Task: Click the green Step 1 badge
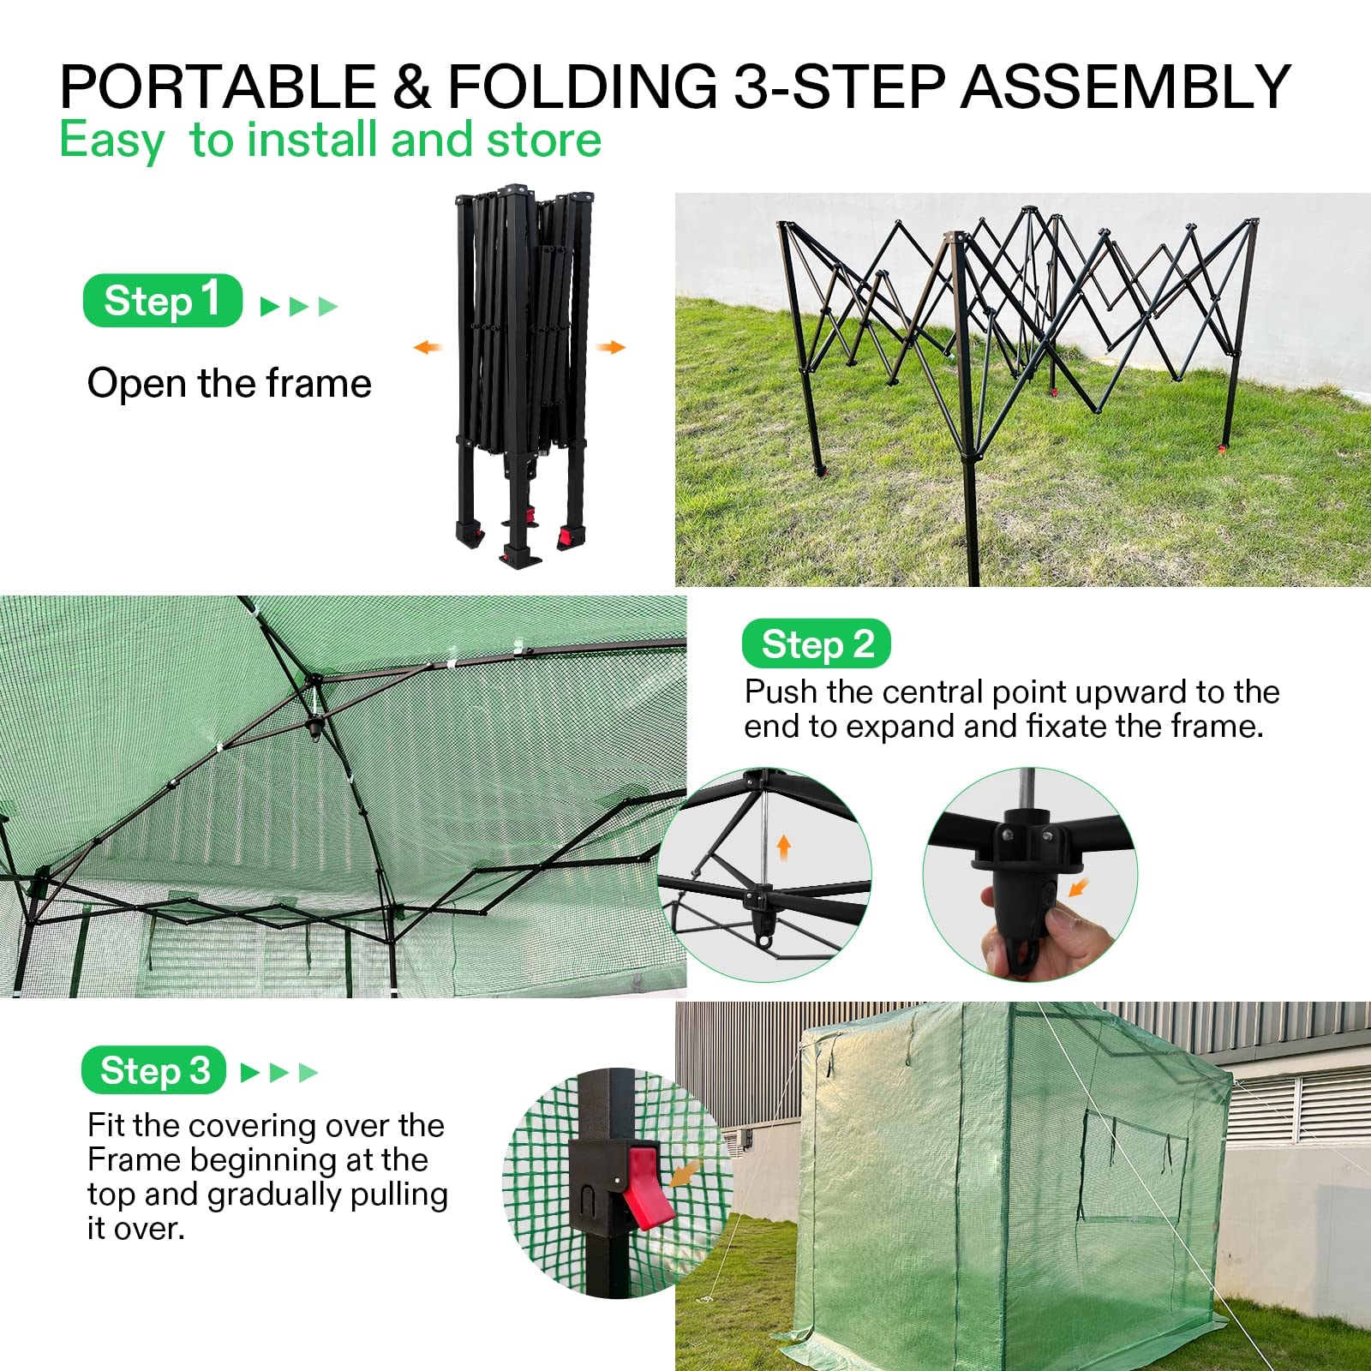pos(162,301)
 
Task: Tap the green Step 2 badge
pos(816,644)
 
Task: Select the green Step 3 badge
pos(153,1070)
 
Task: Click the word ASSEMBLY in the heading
pos(1124,87)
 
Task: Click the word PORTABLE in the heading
pos(218,87)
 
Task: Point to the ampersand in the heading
pos(411,87)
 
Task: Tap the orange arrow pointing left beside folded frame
pos(427,347)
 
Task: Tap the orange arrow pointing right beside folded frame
pos(611,347)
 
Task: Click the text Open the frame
pos(229,383)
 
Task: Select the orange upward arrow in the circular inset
pos(783,848)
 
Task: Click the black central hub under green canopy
pos(315,727)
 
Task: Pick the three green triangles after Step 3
pos(279,1072)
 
